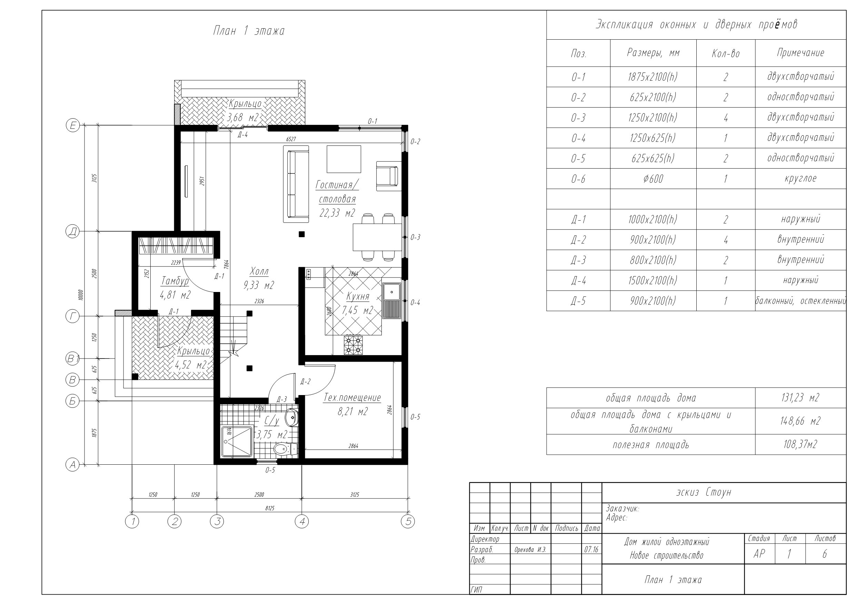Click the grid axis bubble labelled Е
73,125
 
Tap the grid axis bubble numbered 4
302,521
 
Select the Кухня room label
358,297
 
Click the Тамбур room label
175,281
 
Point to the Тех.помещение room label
352,398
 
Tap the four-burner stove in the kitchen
353,345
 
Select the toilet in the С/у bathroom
286,450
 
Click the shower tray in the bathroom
237,442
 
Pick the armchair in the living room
388,176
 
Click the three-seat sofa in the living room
296,184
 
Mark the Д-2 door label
305,382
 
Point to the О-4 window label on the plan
415,303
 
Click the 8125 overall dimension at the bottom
270,508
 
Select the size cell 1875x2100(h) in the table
653,77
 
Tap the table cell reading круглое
800,179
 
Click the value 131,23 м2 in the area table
800,398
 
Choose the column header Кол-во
726,54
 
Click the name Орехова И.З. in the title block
530,550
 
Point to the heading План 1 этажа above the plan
249,31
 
